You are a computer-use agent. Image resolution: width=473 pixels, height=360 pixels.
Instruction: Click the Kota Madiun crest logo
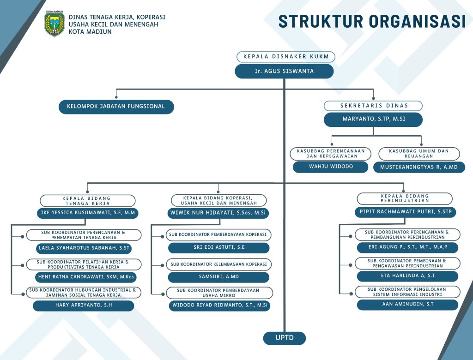[x=54, y=24]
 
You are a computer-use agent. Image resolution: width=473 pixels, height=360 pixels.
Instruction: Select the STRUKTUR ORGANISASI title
[x=372, y=21]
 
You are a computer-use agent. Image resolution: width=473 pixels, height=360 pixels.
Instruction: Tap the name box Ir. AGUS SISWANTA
[x=284, y=71]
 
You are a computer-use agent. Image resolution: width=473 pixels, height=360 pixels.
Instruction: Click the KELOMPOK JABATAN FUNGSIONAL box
[x=116, y=107]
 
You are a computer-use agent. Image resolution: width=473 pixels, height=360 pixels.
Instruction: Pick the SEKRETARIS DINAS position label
[x=373, y=106]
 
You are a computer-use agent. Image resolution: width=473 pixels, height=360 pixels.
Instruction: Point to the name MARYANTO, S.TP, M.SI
[x=373, y=119]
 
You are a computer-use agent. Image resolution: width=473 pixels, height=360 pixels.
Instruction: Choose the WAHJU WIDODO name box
[x=331, y=167]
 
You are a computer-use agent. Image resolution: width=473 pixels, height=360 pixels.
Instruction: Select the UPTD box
[x=284, y=338]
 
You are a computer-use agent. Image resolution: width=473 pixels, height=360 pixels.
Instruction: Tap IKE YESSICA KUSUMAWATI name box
[x=88, y=213]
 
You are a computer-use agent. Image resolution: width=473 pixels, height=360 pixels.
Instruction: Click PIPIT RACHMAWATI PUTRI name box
[x=406, y=212]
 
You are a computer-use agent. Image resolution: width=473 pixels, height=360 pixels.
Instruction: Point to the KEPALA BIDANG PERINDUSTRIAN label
[x=405, y=198]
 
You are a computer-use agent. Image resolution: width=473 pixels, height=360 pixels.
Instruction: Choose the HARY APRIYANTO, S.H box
[x=84, y=306]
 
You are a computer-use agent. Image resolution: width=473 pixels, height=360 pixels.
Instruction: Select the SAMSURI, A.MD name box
[x=218, y=277]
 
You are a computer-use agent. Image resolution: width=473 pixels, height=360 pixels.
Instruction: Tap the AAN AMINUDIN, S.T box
[x=407, y=305]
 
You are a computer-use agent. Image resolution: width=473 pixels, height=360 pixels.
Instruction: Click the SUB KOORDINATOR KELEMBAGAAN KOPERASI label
[x=218, y=264]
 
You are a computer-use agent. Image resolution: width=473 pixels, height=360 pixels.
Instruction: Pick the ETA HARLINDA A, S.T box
[x=407, y=276]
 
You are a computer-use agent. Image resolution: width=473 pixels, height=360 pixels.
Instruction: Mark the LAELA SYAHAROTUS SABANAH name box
[x=84, y=248]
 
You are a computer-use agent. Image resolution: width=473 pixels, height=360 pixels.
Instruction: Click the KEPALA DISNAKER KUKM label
[x=285, y=57]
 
